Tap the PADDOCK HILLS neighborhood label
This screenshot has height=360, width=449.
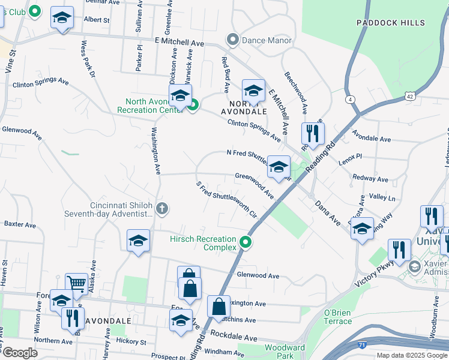point(390,23)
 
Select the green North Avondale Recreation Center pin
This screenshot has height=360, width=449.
point(193,106)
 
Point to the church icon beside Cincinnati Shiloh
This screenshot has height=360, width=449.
point(161,209)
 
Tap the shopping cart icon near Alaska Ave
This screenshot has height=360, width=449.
point(76,284)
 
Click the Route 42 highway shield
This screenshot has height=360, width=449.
point(409,95)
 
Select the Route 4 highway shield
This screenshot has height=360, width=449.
point(350,99)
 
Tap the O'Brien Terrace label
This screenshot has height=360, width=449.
point(338,317)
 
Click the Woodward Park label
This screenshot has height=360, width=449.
point(285,352)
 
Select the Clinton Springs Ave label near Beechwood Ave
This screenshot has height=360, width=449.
point(254,130)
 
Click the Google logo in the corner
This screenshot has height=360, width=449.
point(20,352)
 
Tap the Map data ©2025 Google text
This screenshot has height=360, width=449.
point(412,355)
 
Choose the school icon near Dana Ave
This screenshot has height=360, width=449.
point(362,229)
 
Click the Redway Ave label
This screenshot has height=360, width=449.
point(370,179)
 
